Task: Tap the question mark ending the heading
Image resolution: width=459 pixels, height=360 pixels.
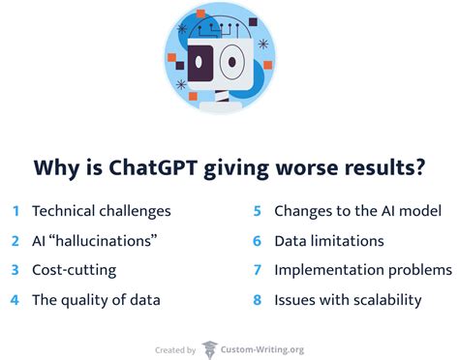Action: tap(419, 168)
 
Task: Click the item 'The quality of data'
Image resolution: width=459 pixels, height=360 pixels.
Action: tap(95, 300)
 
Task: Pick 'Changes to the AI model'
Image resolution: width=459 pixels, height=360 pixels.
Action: tap(357, 210)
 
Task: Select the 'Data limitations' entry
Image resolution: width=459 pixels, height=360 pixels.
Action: tap(329, 240)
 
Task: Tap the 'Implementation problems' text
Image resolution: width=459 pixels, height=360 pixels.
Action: tap(363, 270)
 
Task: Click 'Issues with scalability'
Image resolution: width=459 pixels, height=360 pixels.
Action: tap(348, 300)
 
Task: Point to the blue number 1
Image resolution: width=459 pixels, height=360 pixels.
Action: tap(15, 210)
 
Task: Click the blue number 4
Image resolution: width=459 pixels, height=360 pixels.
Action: tap(15, 300)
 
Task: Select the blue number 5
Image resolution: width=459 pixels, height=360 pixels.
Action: tap(257, 210)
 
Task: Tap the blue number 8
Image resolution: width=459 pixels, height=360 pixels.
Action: tap(257, 300)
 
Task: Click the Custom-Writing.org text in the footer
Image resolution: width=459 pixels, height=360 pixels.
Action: tap(262, 347)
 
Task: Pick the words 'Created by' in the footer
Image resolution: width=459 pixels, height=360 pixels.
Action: tap(175, 347)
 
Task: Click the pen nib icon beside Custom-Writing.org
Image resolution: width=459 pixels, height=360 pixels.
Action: tap(209, 346)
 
